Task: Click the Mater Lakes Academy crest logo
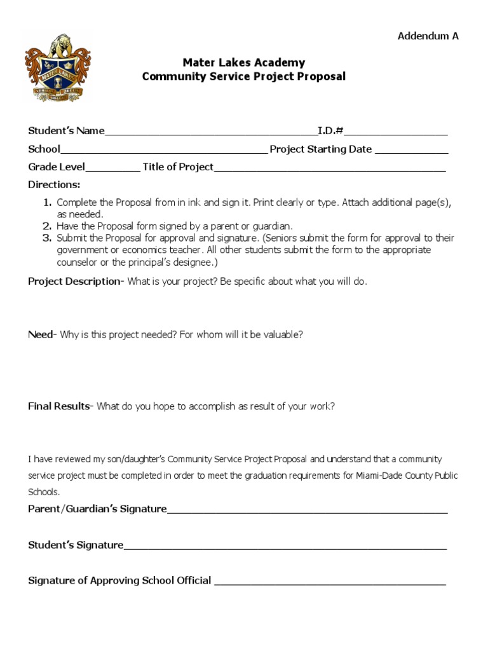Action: click(57, 68)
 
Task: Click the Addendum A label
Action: click(428, 36)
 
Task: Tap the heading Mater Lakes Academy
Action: click(244, 62)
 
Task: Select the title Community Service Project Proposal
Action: click(244, 77)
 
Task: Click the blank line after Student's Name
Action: click(211, 132)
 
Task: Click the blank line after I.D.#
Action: click(396, 132)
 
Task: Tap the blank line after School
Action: click(164, 151)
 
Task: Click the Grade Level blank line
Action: click(112, 168)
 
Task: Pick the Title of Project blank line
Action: click(330, 168)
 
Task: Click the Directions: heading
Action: click(54, 185)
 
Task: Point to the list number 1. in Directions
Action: click(47, 203)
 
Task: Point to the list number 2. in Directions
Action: click(47, 226)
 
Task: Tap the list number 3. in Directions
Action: click(47, 238)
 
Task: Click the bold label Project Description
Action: click(74, 282)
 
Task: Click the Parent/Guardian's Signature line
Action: click(307, 510)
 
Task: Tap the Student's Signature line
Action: click(285, 546)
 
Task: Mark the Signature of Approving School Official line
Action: click(330, 581)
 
